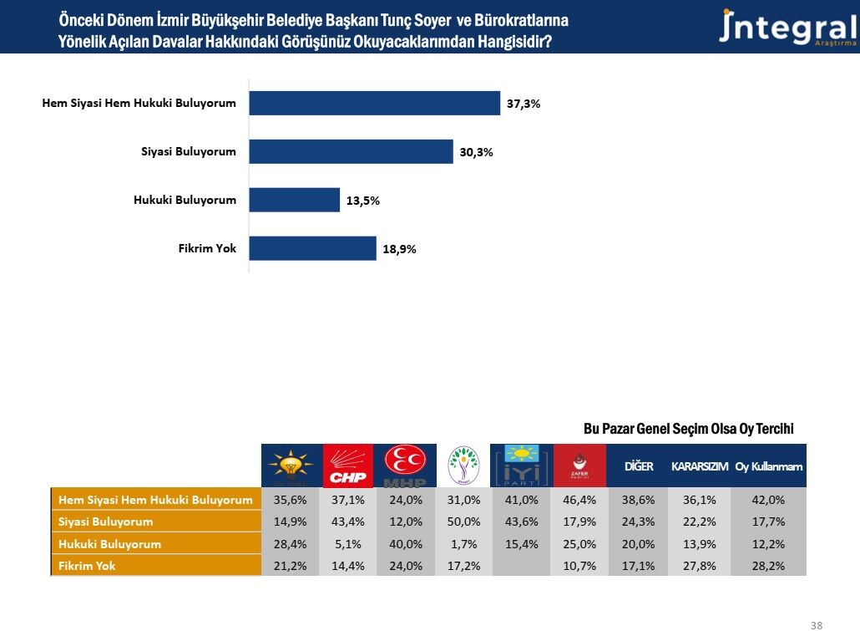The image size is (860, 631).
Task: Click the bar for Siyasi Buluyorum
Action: pyautogui.click(x=351, y=151)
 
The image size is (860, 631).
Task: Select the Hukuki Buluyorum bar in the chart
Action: pyautogui.click(x=295, y=200)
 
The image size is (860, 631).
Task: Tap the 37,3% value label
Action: pyautogui.click(x=524, y=104)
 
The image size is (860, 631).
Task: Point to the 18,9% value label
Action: pyautogui.click(x=400, y=249)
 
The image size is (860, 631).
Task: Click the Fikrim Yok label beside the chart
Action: pyautogui.click(x=209, y=248)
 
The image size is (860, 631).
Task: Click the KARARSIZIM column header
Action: pyautogui.click(x=700, y=466)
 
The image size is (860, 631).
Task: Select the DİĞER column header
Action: pyautogui.click(x=639, y=466)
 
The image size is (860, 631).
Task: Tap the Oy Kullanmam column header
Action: pyautogui.click(x=768, y=466)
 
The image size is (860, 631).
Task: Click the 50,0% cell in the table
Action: pyautogui.click(x=463, y=522)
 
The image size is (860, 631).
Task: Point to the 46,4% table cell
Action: pyautogui.click(x=579, y=500)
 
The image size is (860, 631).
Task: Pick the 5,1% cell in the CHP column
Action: pyautogui.click(x=347, y=544)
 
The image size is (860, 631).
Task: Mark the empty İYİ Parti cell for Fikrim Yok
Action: pyautogui.click(x=520, y=566)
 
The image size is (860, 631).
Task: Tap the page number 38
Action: pyautogui.click(x=816, y=624)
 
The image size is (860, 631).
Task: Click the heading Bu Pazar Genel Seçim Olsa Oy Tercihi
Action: pyautogui.click(x=688, y=429)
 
